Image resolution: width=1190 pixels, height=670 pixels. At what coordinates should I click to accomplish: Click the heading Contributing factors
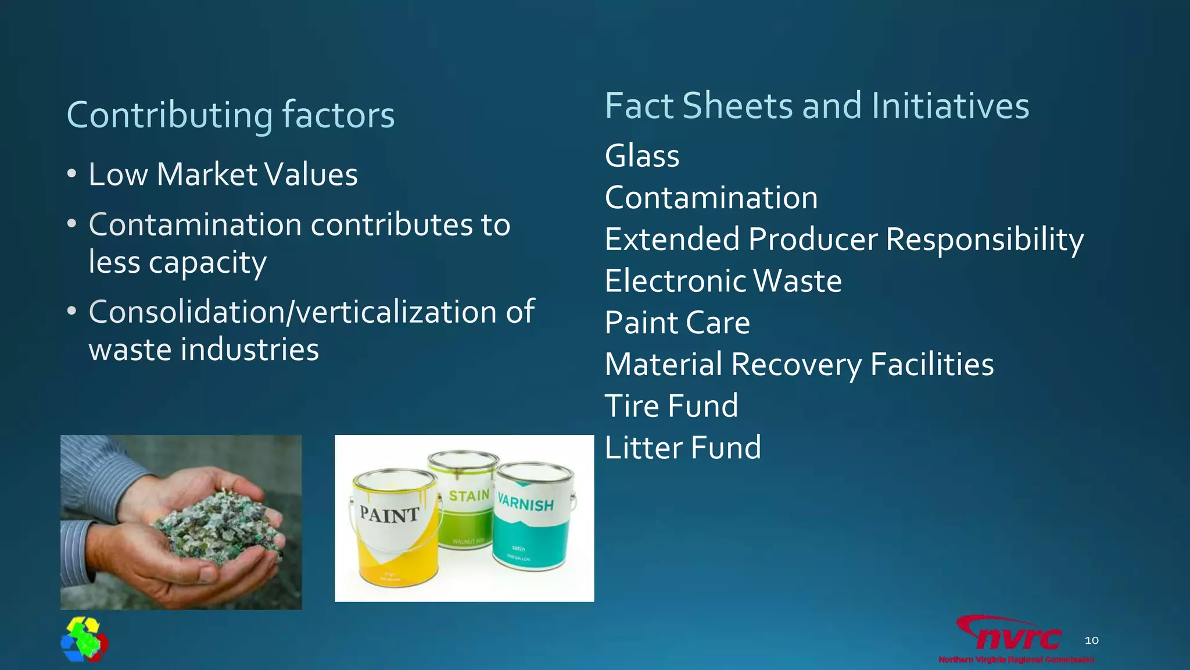click(x=231, y=115)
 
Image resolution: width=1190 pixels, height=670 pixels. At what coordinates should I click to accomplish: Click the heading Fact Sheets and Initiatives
click(x=816, y=106)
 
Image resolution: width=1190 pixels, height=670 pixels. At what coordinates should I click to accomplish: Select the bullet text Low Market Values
click(x=223, y=174)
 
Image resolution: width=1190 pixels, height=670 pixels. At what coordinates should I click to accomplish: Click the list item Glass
click(x=641, y=156)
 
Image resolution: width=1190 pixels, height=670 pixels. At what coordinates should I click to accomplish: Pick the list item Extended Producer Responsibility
click(x=844, y=240)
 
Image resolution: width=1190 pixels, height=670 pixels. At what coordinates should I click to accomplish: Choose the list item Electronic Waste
click(x=723, y=281)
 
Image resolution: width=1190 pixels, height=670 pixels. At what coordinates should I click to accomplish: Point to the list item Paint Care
click(x=677, y=323)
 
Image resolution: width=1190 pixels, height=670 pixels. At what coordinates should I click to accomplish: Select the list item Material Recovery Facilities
click(x=799, y=365)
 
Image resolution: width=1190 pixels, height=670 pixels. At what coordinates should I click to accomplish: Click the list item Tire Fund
click(x=671, y=406)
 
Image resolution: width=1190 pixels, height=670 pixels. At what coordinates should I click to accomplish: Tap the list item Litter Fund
click(x=683, y=448)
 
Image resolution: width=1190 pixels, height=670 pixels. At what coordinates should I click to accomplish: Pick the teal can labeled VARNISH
click(x=532, y=518)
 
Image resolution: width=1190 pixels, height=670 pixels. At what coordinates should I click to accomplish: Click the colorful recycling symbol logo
click(x=85, y=640)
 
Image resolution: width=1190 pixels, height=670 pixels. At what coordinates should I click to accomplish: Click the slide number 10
click(x=1091, y=640)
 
